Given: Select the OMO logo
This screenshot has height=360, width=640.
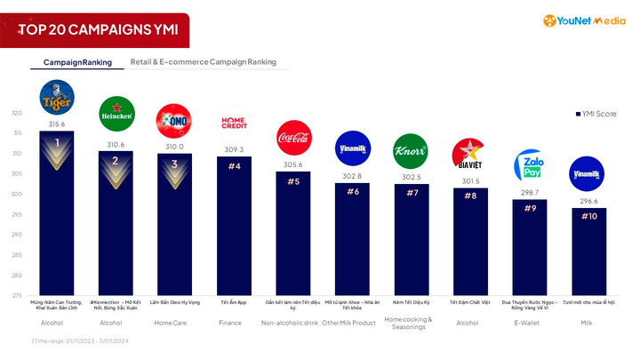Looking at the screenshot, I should click(x=173, y=120).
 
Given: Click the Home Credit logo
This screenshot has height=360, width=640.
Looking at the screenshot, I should click(x=234, y=123).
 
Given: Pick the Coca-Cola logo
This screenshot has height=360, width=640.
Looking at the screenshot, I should click(x=293, y=139).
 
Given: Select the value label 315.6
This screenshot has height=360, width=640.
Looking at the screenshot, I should click(x=57, y=125).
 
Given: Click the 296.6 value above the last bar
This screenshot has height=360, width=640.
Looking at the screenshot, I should click(x=588, y=202).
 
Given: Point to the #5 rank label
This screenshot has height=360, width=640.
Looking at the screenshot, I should click(x=293, y=181).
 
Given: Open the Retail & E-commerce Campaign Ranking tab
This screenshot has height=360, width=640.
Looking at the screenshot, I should click(x=203, y=62).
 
